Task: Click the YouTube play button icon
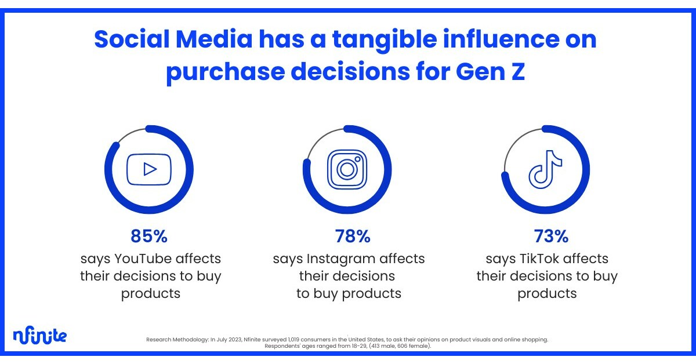tap(149, 169)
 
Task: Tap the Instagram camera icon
tap(347, 169)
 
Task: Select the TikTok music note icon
tap(545, 169)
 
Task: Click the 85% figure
tap(149, 236)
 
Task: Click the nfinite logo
tap(39, 335)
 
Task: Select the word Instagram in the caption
tap(339, 259)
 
